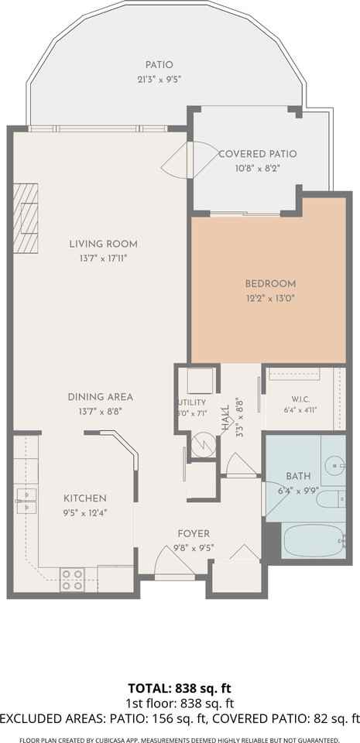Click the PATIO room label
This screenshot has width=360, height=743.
[x=159, y=65]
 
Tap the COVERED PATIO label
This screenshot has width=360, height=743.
[x=258, y=153]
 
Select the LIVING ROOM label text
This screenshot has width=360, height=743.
[x=103, y=244]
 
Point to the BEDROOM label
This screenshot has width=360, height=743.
[x=270, y=283]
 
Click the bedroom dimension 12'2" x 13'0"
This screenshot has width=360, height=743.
[x=270, y=299]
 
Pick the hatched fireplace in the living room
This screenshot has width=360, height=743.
[x=26, y=218]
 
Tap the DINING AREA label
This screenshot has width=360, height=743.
[x=100, y=396]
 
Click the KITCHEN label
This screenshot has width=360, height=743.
[x=85, y=498]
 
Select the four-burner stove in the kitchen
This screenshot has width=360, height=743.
[x=72, y=579]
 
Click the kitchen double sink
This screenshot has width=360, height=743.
[x=26, y=501]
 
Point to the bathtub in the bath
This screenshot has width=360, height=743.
[x=313, y=540]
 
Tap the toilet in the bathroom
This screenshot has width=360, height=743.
[x=331, y=499]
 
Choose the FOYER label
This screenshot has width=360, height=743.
[x=194, y=533]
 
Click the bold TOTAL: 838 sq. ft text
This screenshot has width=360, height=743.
[x=180, y=687]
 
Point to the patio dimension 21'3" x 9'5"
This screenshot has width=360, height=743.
[x=159, y=80]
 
